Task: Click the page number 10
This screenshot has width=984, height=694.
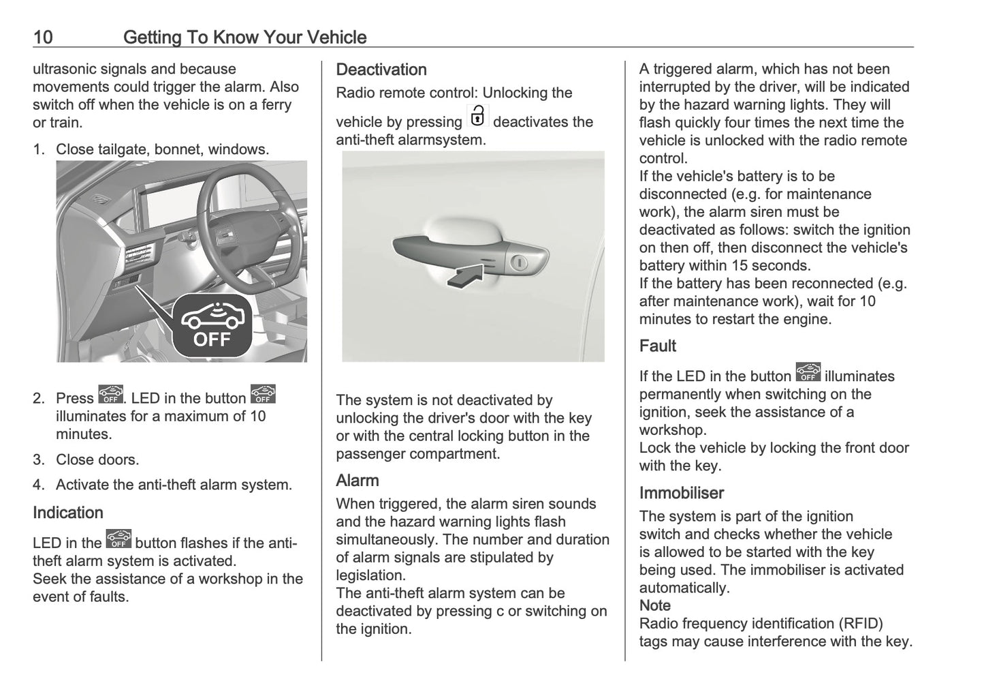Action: click(43, 37)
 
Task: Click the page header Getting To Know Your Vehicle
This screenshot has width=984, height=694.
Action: click(244, 37)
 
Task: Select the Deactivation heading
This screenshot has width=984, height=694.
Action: click(381, 70)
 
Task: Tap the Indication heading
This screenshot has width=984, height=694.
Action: click(68, 513)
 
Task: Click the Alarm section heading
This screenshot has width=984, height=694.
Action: click(357, 481)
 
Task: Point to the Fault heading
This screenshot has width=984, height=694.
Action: click(657, 346)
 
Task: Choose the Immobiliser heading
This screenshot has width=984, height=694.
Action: click(681, 493)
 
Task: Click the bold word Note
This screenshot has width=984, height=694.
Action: click(654, 605)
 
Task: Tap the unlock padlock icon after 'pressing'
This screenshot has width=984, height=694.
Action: click(477, 117)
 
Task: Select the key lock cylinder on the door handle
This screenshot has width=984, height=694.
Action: click(519, 262)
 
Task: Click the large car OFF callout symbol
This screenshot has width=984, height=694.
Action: click(212, 325)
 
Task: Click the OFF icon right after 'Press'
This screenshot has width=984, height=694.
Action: click(110, 395)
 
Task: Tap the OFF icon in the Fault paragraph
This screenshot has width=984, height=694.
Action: click(808, 373)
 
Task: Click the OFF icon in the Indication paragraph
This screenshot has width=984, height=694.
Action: click(118, 539)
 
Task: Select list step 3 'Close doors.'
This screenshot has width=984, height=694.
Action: click(97, 459)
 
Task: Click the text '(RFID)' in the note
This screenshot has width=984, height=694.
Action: click(860, 623)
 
